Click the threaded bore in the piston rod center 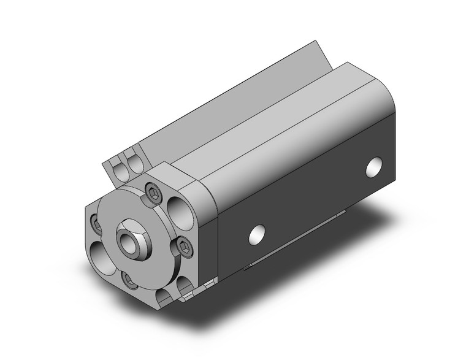pos(129,236)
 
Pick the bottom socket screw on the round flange pos(130,280)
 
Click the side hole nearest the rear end pos(373,166)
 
